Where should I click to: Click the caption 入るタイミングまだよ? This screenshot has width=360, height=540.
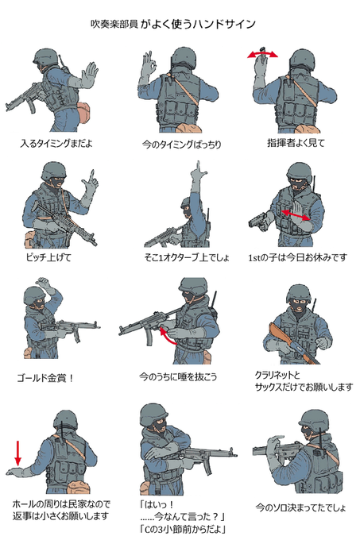point(56,143)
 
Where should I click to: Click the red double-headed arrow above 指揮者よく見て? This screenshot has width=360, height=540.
point(262,54)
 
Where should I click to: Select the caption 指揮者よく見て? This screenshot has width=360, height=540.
point(296,143)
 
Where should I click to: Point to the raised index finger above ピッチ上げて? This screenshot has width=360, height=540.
point(92,176)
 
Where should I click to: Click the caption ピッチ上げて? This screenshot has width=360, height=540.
point(48,257)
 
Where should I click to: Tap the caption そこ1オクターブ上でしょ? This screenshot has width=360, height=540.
point(187,257)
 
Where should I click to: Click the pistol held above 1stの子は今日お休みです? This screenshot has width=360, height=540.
point(258,221)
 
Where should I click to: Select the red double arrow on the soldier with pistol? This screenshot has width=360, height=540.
point(296,214)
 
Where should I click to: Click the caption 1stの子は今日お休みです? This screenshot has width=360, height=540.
point(298,257)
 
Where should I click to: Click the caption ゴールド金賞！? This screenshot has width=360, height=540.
point(45,378)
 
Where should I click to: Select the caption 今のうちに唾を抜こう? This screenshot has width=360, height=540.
point(178,376)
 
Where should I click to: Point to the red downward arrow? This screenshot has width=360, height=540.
point(17,452)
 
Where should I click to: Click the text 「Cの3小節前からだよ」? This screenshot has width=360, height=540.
point(184,528)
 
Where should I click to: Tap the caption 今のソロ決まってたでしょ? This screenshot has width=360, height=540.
point(300,507)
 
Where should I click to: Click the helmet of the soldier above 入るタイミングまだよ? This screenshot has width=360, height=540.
point(47,57)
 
